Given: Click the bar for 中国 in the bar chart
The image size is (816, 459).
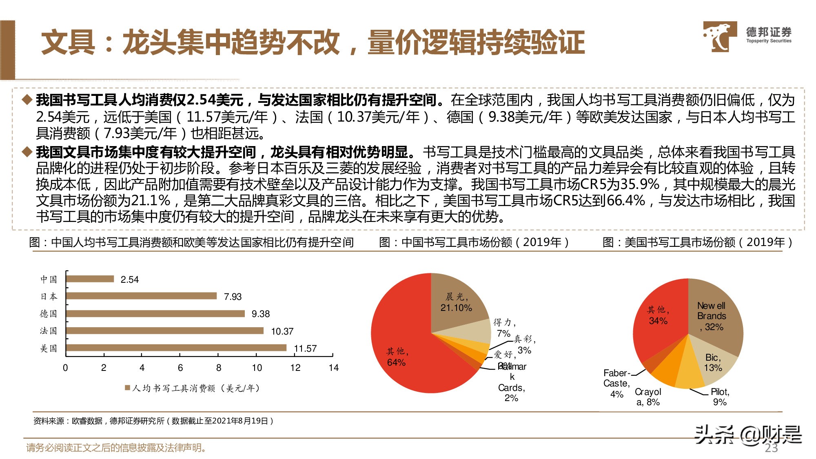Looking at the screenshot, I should pyautogui.click(x=90, y=279).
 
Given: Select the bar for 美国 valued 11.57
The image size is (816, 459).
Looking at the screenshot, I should pyautogui.click(x=176, y=348).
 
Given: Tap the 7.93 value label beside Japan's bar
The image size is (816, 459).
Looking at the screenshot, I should pyautogui.click(x=233, y=297).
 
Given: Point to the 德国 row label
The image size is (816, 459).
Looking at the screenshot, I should pyautogui.click(x=49, y=313).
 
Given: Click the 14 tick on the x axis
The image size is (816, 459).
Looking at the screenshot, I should pyautogui.click(x=333, y=368).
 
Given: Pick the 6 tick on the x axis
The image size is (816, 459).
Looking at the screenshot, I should pyautogui.click(x=180, y=368).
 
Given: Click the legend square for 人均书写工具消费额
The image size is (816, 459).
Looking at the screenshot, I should pyautogui.click(x=127, y=388).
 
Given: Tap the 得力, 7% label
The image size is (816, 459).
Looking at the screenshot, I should pyautogui.click(x=505, y=328).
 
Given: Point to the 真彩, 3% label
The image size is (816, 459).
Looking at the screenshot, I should pyautogui.click(x=525, y=344).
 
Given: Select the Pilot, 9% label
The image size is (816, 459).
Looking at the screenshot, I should pyautogui.click(x=720, y=397).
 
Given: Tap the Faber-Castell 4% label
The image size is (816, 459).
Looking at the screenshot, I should pyautogui.click(x=616, y=384).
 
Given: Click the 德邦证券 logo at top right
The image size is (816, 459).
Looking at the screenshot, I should pyautogui.click(x=747, y=36).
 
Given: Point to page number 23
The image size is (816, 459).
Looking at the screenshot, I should pyautogui.click(x=771, y=448).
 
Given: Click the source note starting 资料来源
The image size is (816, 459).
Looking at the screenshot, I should pyautogui.click(x=153, y=421).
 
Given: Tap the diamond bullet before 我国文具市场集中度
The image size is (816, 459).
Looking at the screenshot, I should pyautogui.click(x=27, y=152).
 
